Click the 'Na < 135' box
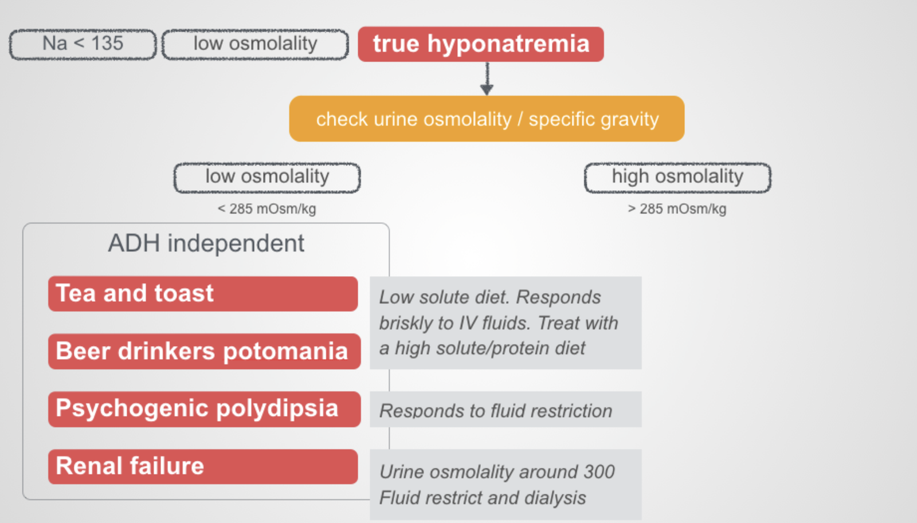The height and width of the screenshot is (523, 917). tap(83, 44)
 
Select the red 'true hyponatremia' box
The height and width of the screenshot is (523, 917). tap(480, 44)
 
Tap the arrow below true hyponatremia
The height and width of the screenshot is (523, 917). tap(487, 78)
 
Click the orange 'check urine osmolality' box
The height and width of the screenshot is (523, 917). tap(487, 119)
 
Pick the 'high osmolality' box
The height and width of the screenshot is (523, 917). tap(677, 177)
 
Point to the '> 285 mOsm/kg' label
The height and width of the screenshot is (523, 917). tap(677, 209)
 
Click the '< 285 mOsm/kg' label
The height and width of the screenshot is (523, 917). tap(267, 209)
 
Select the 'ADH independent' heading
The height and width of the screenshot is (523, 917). tap(206, 243)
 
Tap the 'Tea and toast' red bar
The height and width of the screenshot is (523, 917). tap(203, 294)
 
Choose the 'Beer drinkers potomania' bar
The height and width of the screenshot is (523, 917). tap(204, 351)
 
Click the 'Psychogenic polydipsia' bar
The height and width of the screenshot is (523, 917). tap(204, 409)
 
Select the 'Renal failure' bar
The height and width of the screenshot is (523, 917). tap(203, 466)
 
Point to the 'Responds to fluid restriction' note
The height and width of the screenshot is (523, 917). tap(496, 411)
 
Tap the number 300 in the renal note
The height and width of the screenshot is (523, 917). tap(598, 472)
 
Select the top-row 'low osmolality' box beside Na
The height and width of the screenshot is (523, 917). tap(255, 44)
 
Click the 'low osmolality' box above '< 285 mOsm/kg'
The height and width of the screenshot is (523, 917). tap(267, 177)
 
